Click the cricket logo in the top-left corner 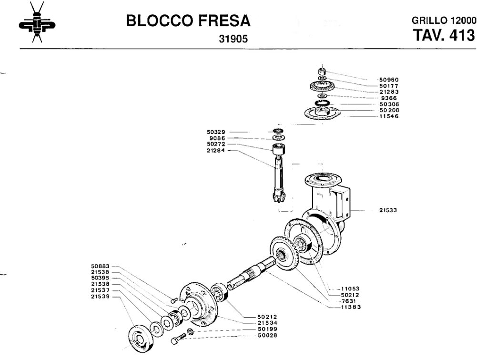pos(37,22)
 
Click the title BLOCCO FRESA pos(188,21)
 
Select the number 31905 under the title pos(233,39)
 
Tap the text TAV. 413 pos(444,35)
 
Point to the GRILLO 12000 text pos(444,20)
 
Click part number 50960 pos(389,80)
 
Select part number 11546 pos(389,116)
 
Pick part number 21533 pos(388,210)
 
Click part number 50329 pos(216,132)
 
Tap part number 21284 pos(216,150)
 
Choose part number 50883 pos(100,266)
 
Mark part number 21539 pos(100,297)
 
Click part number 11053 pos(350,288)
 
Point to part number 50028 pos(267,335)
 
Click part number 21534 pos(267,323)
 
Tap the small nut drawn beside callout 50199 pos(190,332)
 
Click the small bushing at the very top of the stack pos(322,71)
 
